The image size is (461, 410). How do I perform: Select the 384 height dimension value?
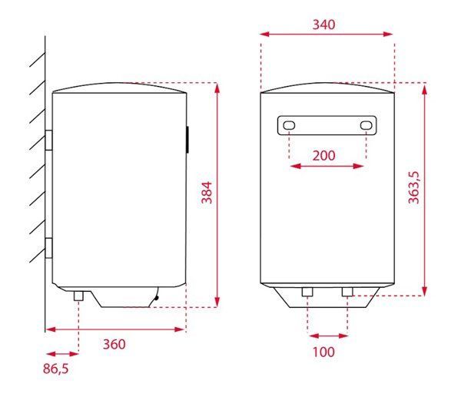click(206, 192)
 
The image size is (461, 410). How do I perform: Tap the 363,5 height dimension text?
click(413, 188)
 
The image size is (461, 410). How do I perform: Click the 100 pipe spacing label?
click(324, 352)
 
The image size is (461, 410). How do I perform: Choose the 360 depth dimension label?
click(113, 344)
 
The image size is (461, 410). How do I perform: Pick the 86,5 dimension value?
click(55, 369)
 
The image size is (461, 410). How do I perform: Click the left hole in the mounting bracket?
click(288, 125)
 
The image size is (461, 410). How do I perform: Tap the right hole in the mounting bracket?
click(366, 125)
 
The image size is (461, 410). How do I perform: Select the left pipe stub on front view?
click(307, 293)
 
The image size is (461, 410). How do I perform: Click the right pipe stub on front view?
click(347, 293)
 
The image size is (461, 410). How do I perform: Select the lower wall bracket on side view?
click(48, 250)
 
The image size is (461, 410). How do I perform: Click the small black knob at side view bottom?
click(157, 296)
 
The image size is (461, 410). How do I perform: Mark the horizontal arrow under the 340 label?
click(326, 34)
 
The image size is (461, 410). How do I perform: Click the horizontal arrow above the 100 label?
click(327, 335)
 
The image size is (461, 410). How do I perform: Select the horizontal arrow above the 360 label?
click(115, 329)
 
